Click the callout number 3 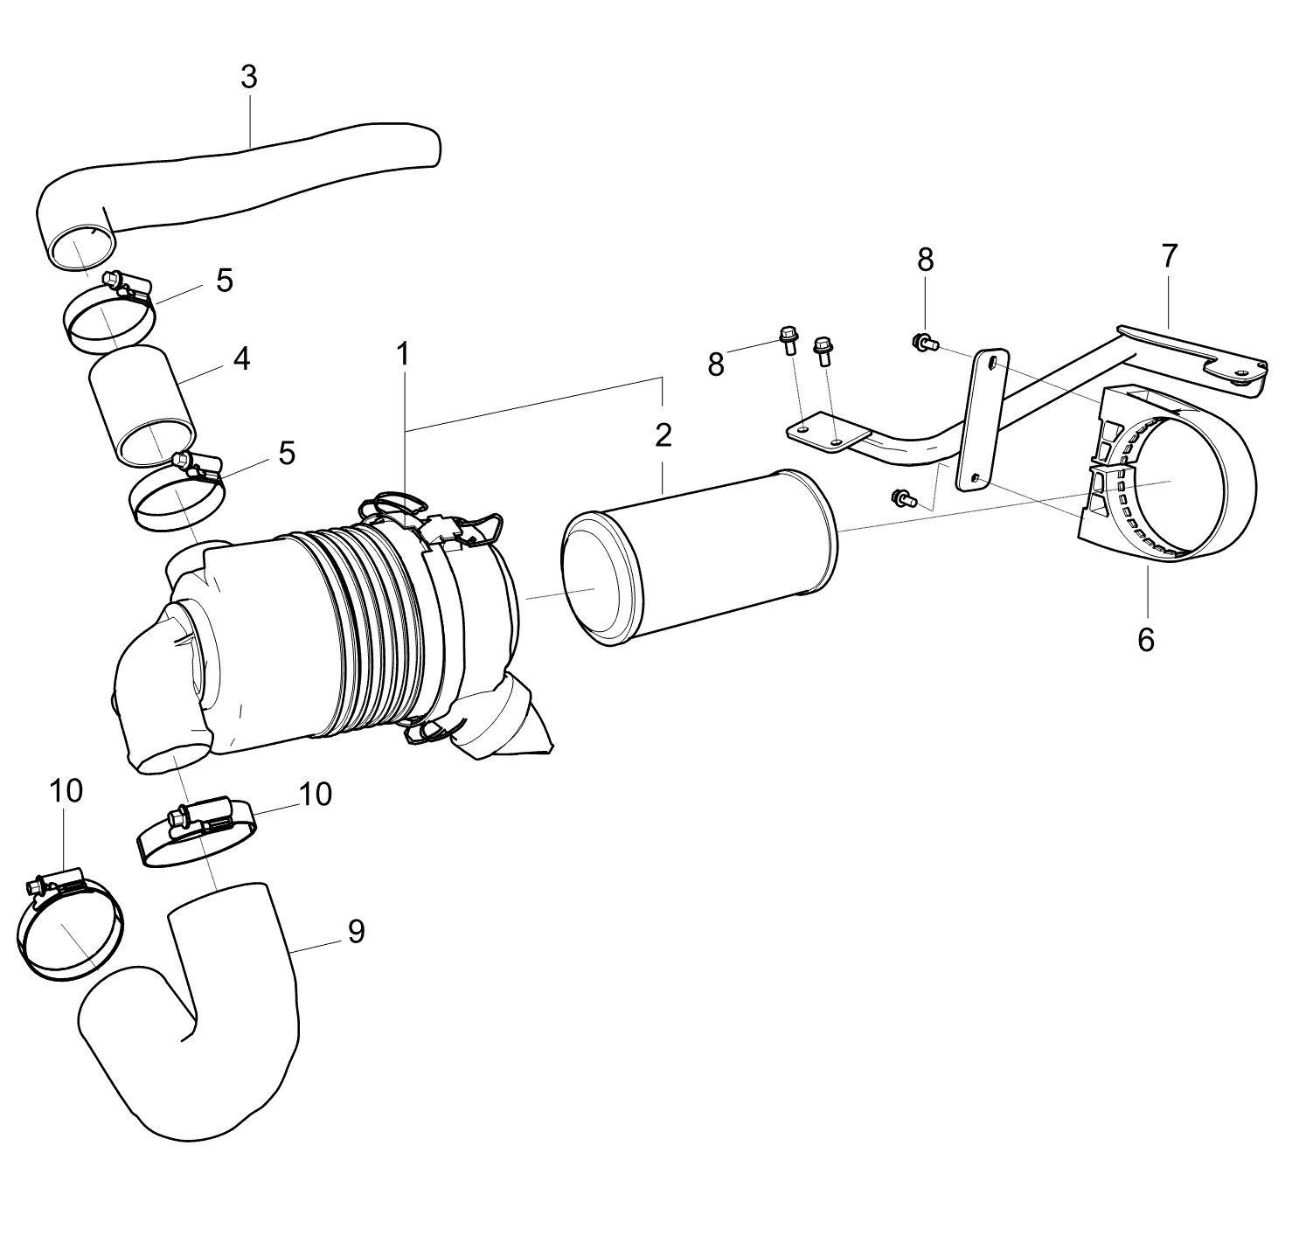pos(249,78)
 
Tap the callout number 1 pos(402,354)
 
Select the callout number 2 pos(663,435)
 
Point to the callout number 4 pos(241,358)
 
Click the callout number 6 pos(1145,640)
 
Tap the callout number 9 pos(357,932)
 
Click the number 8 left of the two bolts pos(716,365)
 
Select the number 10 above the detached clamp pos(66,791)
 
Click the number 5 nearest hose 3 pos(225,281)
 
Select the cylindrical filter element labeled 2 pos(699,558)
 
